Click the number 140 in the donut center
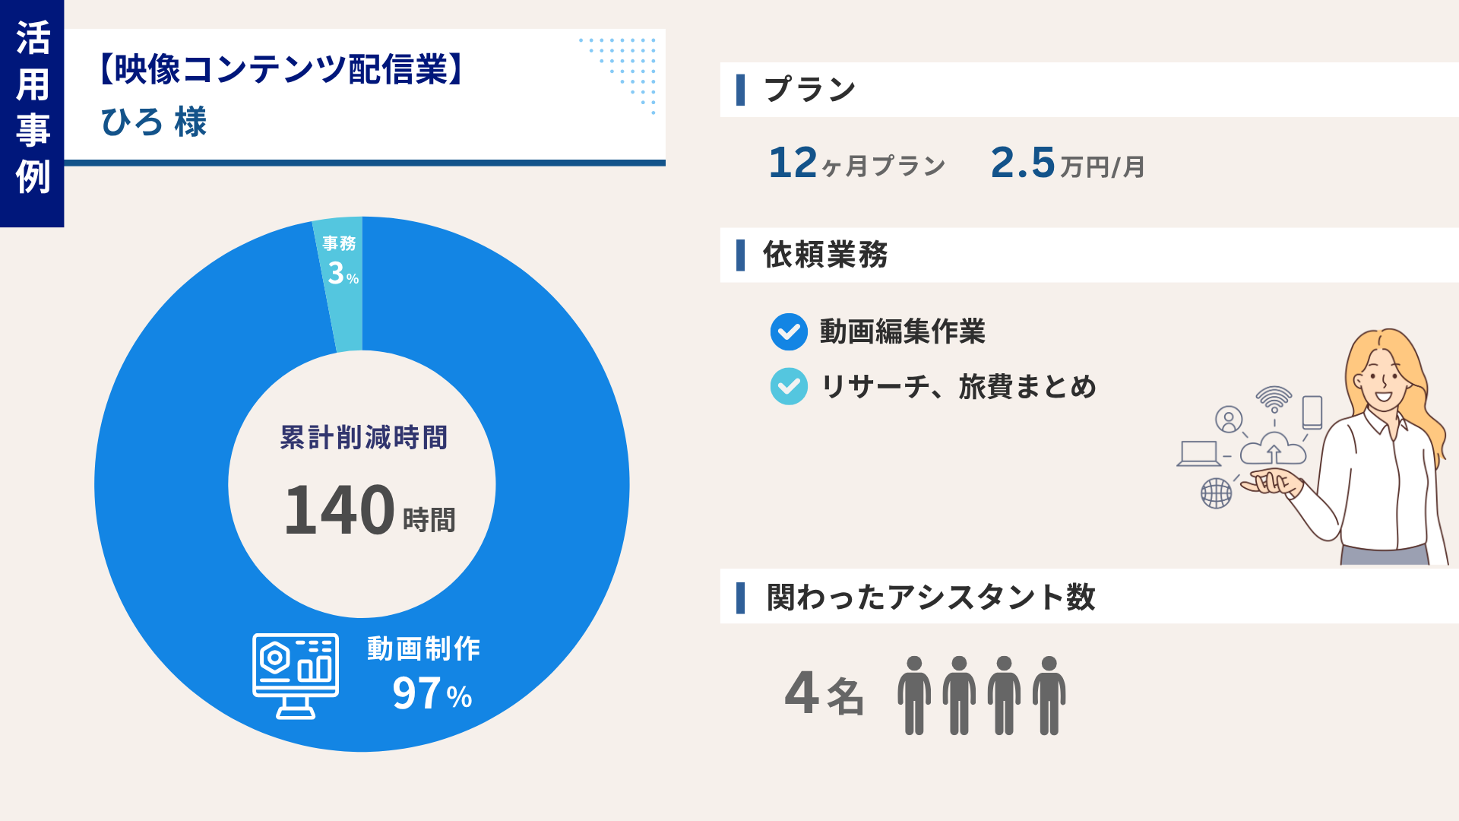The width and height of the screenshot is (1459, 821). point(339,510)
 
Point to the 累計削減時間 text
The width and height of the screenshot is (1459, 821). point(363,438)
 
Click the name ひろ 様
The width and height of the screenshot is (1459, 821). point(153,122)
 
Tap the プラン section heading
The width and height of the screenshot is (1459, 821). point(810,90)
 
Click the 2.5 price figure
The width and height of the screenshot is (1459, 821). point(1023,163)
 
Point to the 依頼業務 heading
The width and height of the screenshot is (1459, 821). point(825,255)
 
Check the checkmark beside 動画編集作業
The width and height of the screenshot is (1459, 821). point(789,332)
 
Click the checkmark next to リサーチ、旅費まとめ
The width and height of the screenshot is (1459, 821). point(789,386)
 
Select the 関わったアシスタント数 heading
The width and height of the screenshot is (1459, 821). point(930,597)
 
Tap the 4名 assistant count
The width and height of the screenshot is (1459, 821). point(824,693)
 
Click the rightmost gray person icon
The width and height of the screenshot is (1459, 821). point(1049,695)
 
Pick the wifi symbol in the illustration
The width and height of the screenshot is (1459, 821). point(1274,398)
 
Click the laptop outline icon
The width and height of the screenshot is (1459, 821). point(1198,454)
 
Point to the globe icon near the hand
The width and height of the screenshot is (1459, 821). point(1216,493)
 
